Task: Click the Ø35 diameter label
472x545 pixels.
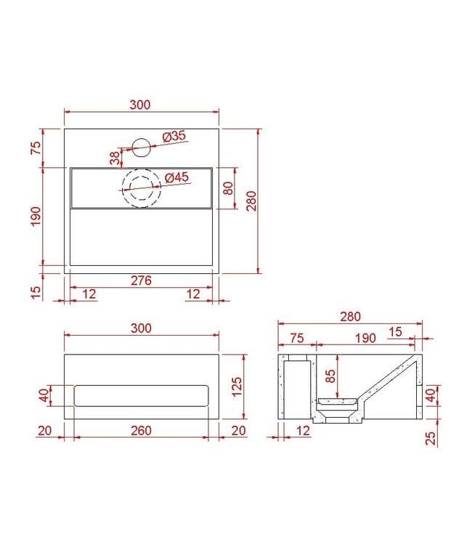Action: point(175,136)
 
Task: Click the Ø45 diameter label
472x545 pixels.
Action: point(177,177)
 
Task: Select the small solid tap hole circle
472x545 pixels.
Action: point(141,148)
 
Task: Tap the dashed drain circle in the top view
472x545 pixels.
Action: point(140,188)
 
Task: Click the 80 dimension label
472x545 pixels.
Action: point(228,188)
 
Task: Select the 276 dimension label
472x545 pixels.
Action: point(141,280)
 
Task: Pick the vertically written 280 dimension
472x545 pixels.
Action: point(251,201)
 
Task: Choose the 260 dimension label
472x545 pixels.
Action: point(141,431)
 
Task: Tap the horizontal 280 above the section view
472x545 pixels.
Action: point(349,317)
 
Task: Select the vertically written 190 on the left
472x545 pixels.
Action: point(37,216)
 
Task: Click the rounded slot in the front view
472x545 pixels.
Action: point(141,395)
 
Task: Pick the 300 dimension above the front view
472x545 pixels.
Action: point(141,328)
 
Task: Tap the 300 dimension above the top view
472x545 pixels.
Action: point(141,105)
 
